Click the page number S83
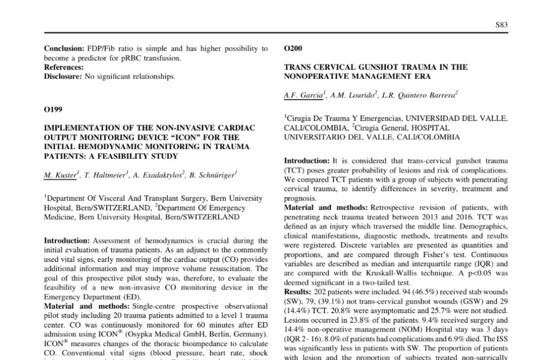pos(501,25)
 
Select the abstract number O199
pos(53,110)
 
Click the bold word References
pos(63,68)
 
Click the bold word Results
pos(297,292)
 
